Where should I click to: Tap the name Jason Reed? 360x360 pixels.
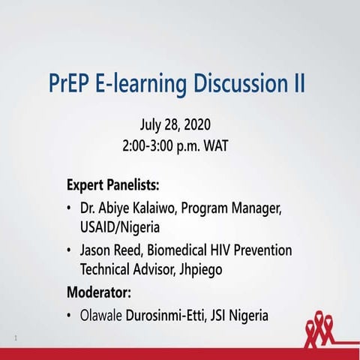point(112,250)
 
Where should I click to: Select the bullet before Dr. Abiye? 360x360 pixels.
point(70,207)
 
